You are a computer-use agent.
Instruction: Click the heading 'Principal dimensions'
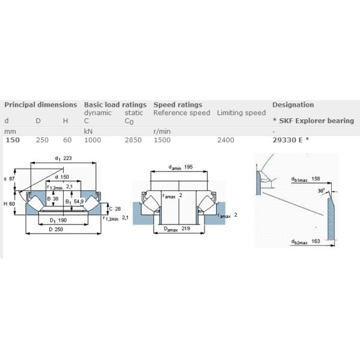pyautogui.click(x=41, y=104)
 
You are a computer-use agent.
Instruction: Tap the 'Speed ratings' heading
pyautogui.click(x=178, y=104)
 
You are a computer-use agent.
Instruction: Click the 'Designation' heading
pyautogui.click(x=293, y=104)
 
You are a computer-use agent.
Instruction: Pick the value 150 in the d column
pyautogui.click(x=12, y=140)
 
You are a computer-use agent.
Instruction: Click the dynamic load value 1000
pyautogui.click(x=93, y=140)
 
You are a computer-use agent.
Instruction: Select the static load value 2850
pyautogui.click(x=133, y=140)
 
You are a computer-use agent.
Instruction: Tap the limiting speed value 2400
pyautogui.click(x=226, y=140)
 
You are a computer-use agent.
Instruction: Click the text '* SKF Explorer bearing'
pyautogui.click(x=313, y=121)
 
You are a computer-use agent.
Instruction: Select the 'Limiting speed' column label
pyautogui.click(x=241, y=113)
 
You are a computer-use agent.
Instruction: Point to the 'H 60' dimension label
pyautogui.click(x=10, y=205)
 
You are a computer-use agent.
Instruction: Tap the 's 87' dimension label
pyautogui.click(x=9, y=179)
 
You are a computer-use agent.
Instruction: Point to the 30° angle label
pyautogui.click(x=322, y=191)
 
